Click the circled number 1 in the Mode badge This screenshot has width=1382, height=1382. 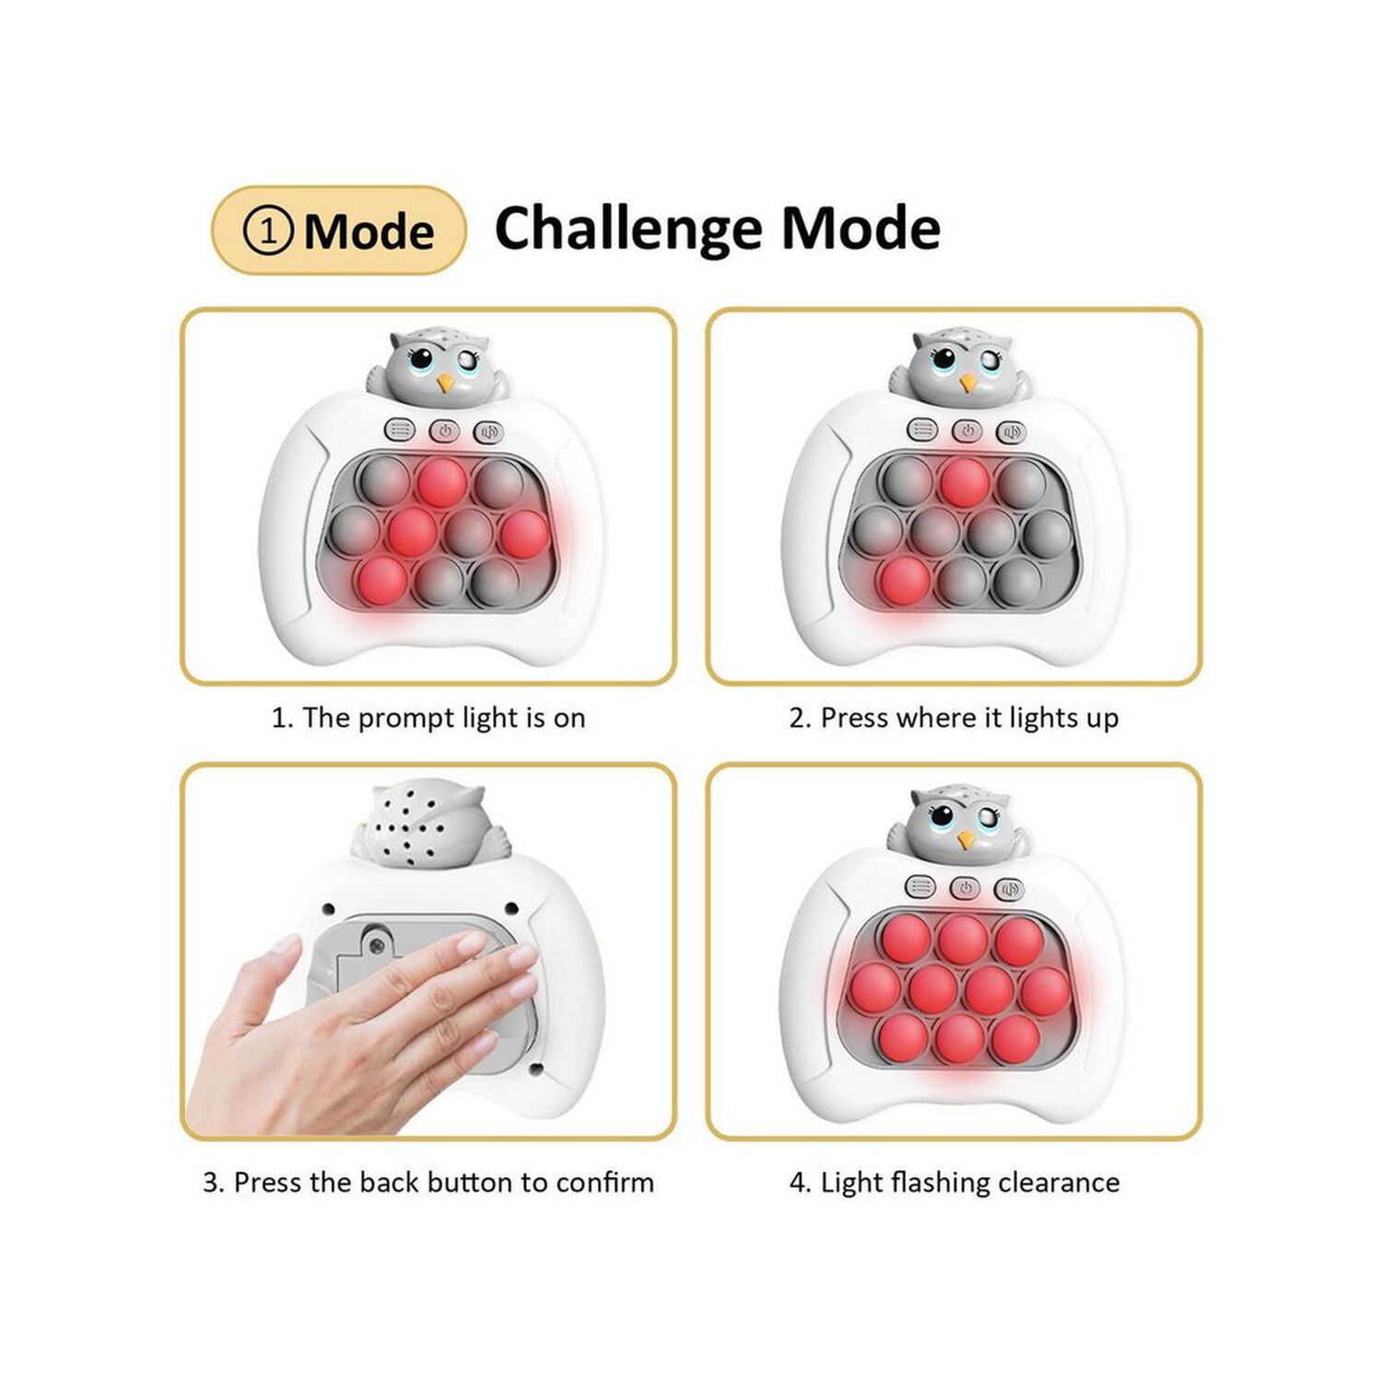point(268,230)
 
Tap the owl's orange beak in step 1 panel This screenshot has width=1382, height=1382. point(445,381)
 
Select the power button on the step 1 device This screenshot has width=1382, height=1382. point(444,430)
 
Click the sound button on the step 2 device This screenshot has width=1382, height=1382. point(1012,430)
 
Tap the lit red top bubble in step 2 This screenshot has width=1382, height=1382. point(965,482)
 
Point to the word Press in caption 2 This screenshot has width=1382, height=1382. point(852,718)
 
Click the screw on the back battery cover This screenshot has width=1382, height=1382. point(376,943)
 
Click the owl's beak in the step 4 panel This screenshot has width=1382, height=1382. point(966,839)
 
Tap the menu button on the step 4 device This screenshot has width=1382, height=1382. point(920,887)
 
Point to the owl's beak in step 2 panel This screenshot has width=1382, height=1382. point(967,381)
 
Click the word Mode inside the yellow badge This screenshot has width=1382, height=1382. point(369,230)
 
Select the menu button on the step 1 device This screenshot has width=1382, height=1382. point(400,430)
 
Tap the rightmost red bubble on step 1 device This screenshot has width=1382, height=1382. point(523,533)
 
